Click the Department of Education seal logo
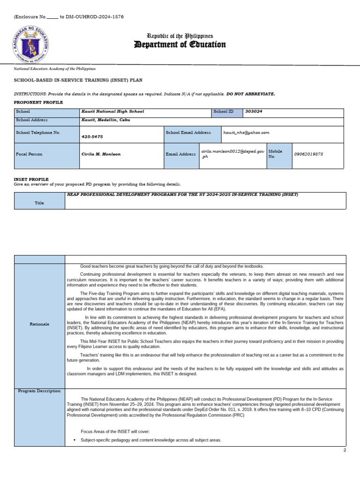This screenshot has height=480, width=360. pyautogui.click(x=30, y=45)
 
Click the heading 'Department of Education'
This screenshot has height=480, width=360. pyautogui.click(x=180, y=45)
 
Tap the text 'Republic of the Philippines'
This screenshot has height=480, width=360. pyautogui.click(x=180, y=36)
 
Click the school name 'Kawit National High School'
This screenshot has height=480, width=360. pyautogui.click(x=112, y=112)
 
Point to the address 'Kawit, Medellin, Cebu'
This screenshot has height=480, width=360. pyautogui.click(x=105, y=120)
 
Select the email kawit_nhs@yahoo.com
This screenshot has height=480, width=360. pyautogui.click(x=246, y=133)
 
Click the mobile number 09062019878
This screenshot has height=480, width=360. pyautogui.click(x=308, y=154)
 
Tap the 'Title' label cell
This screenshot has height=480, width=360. pyautogui.click(x=39, y=203)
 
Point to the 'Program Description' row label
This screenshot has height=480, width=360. pyautogui.click(x=39, y=390)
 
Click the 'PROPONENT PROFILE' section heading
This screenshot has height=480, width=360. pyautogui.click(x=38, y=102)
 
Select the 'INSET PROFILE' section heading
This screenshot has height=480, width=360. pyautogui.click(x=31, y=179)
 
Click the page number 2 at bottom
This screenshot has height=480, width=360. pyautogui.click(x=345, y=450)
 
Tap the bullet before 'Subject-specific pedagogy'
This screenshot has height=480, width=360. pyautogui.click(x=75, y=441)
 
